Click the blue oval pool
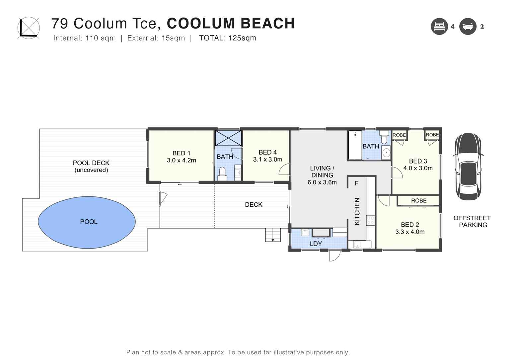click(87, 222)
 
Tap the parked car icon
click(468, 166)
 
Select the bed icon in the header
click(439, 27)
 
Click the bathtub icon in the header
click(468, 27)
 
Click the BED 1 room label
click(181, 153)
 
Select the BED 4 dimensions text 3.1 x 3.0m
click(267, 160)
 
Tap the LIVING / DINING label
click(322, 172)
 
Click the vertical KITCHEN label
click(357, 211)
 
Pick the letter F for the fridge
click(357, 183)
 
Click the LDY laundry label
click(316, 244)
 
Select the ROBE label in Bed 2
click(418, 201)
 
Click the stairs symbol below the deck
click(273, 235)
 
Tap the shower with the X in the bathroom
click(228, 138)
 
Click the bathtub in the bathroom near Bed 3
click(355, 145)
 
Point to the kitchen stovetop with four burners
click(370, 220)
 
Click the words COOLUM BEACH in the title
click(231, 24)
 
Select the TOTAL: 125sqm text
click(227, 38)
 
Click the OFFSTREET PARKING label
click(472, 221)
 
